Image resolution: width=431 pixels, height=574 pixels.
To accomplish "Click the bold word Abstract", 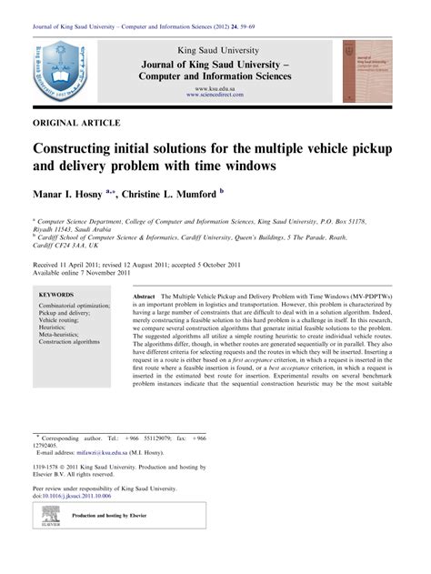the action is pos(144,297).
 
